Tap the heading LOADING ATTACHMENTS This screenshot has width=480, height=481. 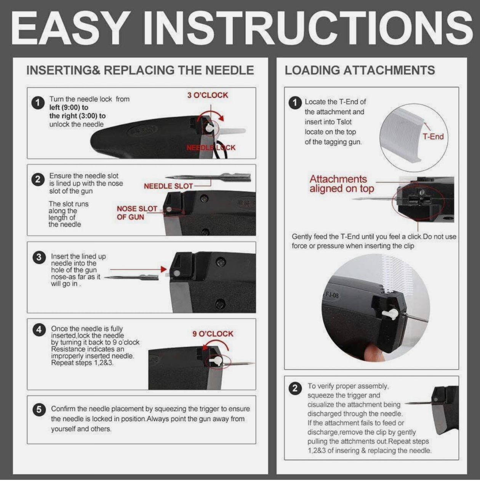360,70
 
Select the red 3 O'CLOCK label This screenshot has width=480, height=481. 208,95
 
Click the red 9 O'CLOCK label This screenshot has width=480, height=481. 213,334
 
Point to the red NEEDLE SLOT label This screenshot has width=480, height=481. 168,186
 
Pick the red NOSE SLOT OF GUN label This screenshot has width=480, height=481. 137,213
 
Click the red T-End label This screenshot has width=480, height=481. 433,137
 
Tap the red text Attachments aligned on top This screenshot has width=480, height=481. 342,184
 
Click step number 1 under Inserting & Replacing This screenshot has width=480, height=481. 38,103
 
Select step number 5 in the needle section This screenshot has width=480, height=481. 39,410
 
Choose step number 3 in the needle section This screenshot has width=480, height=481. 39,257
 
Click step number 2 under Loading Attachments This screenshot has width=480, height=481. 295,388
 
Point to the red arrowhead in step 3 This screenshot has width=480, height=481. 163,269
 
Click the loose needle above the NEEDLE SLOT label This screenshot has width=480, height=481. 208,177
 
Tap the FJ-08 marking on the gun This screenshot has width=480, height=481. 331,295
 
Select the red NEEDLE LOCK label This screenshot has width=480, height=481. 211,147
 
